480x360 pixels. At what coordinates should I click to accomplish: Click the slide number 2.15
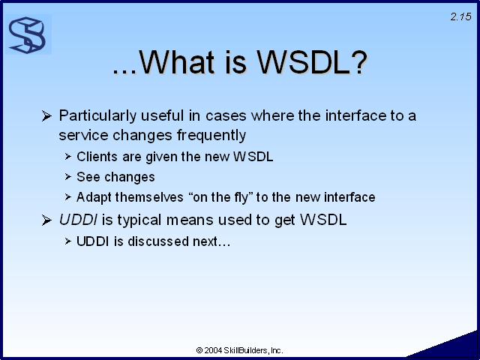click(461, 16)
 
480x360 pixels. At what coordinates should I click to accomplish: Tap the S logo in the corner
click(27, 35)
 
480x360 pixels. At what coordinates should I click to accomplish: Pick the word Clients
click(97, 157)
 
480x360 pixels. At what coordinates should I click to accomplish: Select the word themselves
click(149, 197)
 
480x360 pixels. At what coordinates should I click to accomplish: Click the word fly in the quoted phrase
click(241, 198)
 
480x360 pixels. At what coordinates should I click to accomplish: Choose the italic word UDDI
click(78, 220)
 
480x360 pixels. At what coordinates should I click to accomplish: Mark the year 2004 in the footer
click(213, 350)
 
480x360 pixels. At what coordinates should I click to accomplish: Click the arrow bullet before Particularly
click(46, 116)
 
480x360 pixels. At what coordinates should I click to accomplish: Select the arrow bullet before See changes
click(67, 177)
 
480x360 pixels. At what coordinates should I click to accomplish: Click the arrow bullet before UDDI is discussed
click(67, 241)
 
